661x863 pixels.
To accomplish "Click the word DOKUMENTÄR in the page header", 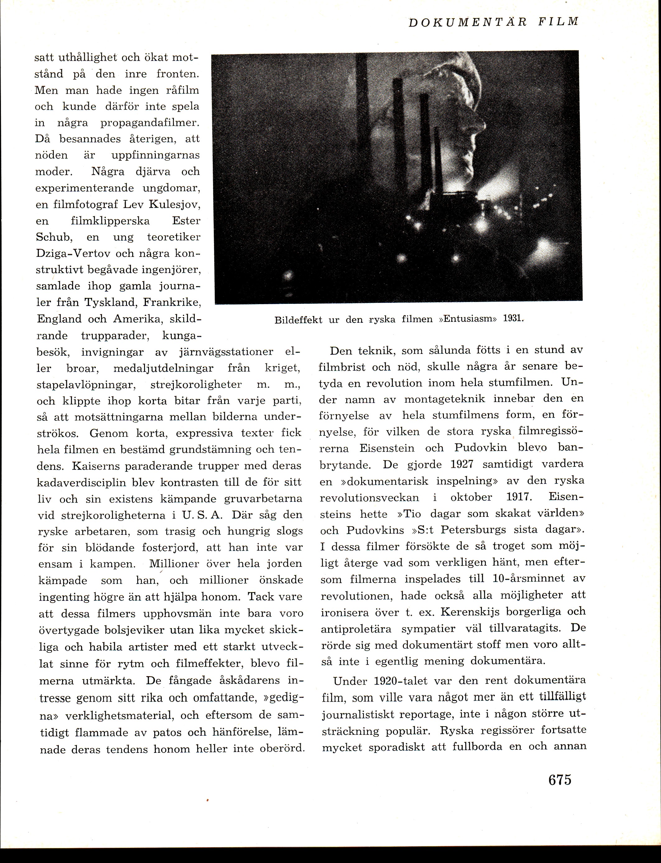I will point(468,22).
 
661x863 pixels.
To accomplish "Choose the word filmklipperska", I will point(110,221).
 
